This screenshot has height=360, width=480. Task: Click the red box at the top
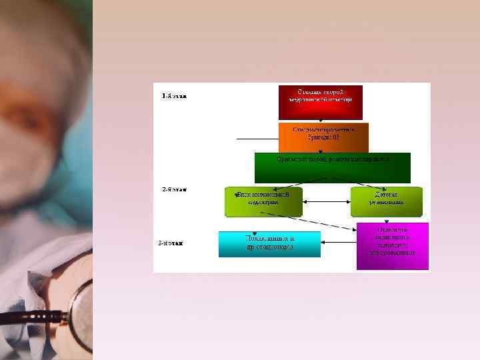click(320, 102)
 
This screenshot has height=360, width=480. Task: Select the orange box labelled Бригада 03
click(320, 137)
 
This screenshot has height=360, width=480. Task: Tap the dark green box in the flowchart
click(332, 167)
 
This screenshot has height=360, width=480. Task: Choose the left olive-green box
click(264, 202)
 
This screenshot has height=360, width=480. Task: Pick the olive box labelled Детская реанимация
click(387, 202)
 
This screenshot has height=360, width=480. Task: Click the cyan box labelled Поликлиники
click(269, 244)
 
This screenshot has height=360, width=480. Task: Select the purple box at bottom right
click(392, 246)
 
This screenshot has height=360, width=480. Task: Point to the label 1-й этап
click(175, 96)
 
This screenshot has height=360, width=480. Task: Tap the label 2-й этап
click(175, 189)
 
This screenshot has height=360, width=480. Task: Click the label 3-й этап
click(171, 243)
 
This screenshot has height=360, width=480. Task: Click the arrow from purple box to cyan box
click(339, 241)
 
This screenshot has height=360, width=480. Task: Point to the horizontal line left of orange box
click(257, 139)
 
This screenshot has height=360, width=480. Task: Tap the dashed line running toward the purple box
click(307, 221)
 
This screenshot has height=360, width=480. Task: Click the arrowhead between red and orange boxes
click(321, 120)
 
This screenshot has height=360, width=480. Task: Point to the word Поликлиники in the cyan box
click(269, 239)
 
